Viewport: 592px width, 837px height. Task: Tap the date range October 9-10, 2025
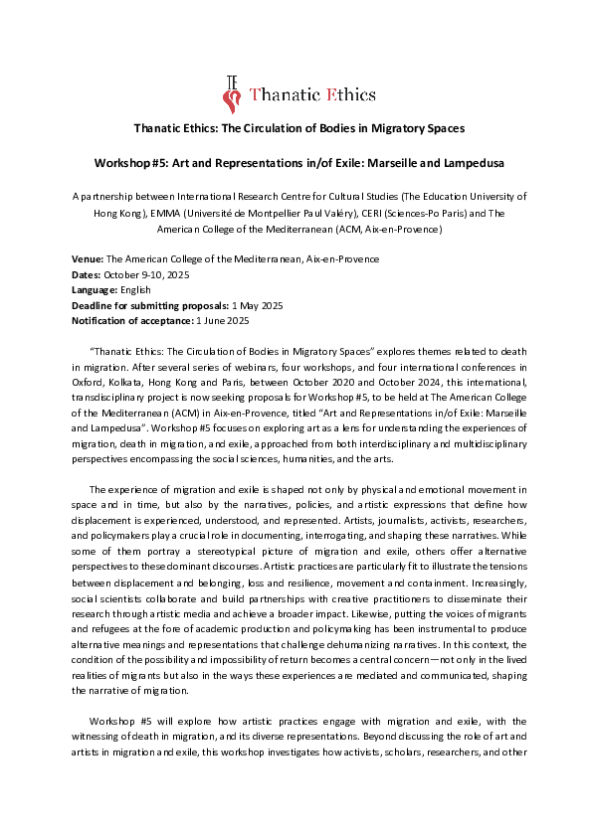point(149,274)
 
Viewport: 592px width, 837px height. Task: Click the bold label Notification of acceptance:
point(135,321)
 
